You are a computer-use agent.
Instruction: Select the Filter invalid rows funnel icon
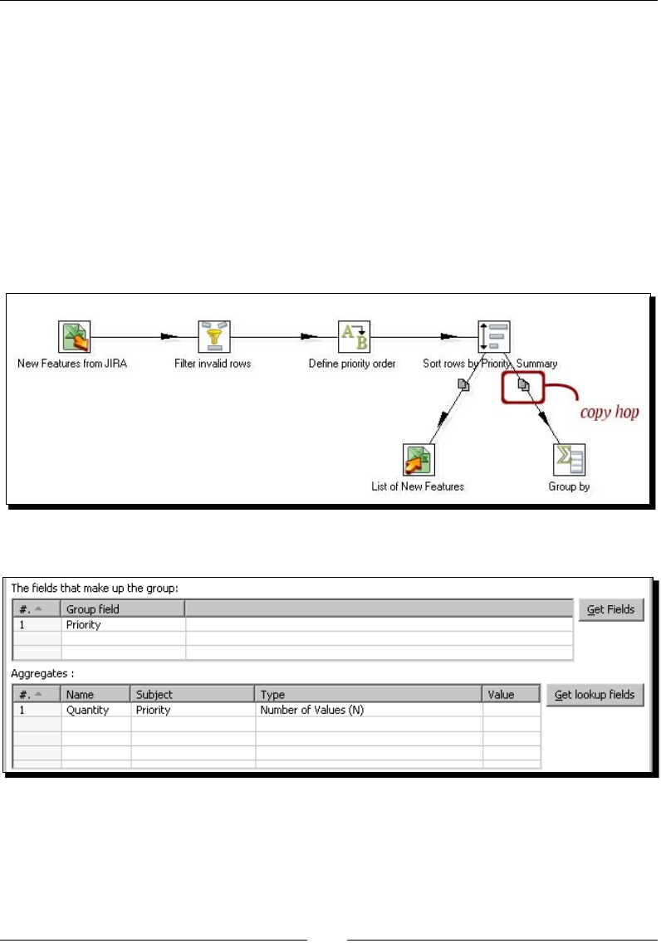point(213,337)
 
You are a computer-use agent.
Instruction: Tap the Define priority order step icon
point(353,337)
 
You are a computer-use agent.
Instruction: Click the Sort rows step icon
point(493,337)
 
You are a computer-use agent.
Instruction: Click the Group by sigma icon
point(569,459)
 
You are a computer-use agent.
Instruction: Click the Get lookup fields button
point(595,695)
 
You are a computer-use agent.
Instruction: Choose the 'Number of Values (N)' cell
point(312,711)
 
